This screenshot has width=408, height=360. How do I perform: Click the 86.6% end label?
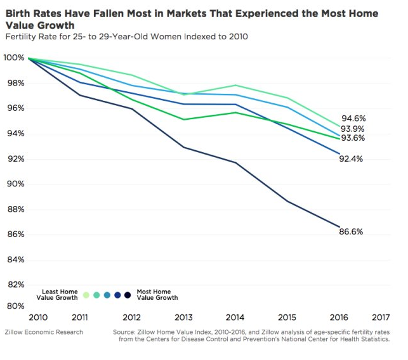[352, 232]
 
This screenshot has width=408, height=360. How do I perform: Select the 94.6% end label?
[353, 119]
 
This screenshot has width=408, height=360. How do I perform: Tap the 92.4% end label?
[352, 159]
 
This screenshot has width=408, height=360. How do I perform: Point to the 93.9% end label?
[353, 129]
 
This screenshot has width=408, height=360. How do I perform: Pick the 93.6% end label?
[353, 138]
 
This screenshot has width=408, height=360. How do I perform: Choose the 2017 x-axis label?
[380, 317]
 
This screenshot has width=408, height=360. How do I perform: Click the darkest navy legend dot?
[128, 295]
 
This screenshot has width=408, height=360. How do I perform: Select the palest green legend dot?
[86, 295]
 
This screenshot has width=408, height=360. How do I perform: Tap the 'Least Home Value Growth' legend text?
[60, 294]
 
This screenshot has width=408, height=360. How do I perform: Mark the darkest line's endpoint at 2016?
[341, 227]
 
